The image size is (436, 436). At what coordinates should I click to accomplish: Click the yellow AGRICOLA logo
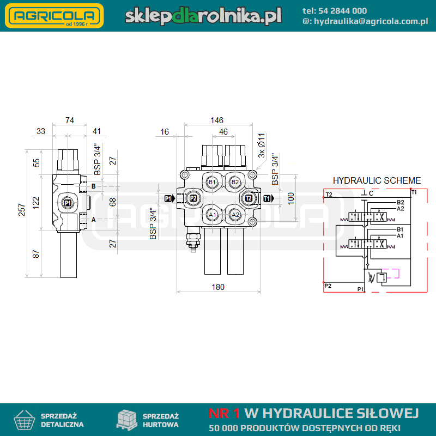(x=54, y=16)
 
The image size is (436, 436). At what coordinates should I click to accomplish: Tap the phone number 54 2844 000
(x=342, y=11)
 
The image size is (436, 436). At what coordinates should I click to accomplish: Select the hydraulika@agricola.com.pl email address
(x=371, y=21)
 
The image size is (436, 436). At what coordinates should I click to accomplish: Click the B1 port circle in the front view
(x=212, y=182)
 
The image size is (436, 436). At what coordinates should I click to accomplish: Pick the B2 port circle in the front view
(x=235, y=182)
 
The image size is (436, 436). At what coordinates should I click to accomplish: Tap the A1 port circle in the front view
(x=212, y=215)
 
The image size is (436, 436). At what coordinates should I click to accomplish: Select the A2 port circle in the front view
(x=235, y=215)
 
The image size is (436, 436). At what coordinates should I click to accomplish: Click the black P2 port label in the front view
(x=193, y=198)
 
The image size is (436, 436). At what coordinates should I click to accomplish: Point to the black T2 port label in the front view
(x=249, y=198)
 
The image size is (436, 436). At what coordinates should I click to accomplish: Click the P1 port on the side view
(x=68, y=203)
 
